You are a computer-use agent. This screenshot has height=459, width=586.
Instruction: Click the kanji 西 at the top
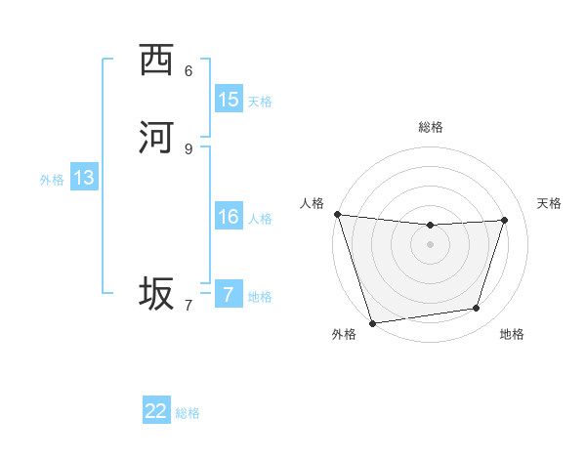point(156,61)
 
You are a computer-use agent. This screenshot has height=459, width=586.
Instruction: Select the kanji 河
point(156,138)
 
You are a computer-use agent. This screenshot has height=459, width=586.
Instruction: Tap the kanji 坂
point(156,294)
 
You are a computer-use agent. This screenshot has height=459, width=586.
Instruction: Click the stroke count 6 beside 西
point(188,71)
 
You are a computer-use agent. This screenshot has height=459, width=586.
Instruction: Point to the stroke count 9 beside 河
point(188,148)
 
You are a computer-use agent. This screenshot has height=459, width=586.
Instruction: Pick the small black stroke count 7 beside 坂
point(188,305)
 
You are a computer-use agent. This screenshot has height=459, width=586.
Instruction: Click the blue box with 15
point(229,100)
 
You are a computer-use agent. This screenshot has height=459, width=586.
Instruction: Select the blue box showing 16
point(229,217)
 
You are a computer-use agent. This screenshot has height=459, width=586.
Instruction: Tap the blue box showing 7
point(229,295)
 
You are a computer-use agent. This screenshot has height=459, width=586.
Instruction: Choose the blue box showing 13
point(84,178)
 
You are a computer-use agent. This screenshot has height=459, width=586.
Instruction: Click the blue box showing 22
point(156,411)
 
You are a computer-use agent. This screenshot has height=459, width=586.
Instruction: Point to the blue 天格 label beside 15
point(260,101)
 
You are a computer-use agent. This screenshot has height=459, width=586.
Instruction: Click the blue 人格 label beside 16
point(260,218)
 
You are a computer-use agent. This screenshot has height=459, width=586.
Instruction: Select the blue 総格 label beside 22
point(188,413)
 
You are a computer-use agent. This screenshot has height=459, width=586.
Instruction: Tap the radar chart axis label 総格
point(430,127)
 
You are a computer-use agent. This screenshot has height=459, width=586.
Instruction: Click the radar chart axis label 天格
point(549,203)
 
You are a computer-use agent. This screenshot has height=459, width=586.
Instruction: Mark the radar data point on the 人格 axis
point(337,214)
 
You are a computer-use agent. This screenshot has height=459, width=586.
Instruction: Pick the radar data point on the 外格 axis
point(372,322)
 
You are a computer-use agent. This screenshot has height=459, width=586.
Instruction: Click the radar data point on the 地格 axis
point(477,309)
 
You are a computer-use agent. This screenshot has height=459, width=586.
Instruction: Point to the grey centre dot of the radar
point(430,244)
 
